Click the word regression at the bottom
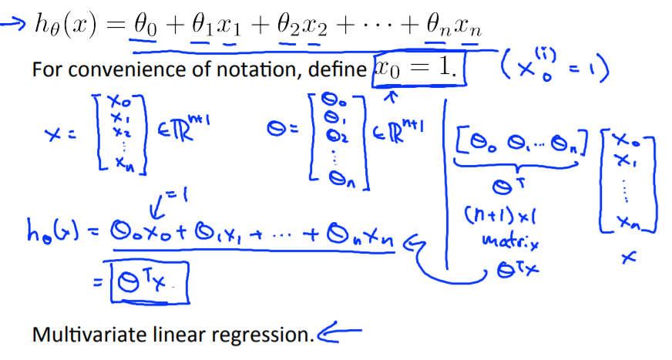point(267,335)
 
